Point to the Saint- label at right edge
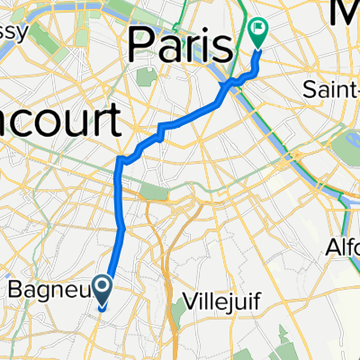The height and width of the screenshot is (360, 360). [330, 90]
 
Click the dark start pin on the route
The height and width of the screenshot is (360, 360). [102, 288]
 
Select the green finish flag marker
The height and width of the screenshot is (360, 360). [259, 33]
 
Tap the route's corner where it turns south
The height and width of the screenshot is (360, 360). [120, 160]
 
